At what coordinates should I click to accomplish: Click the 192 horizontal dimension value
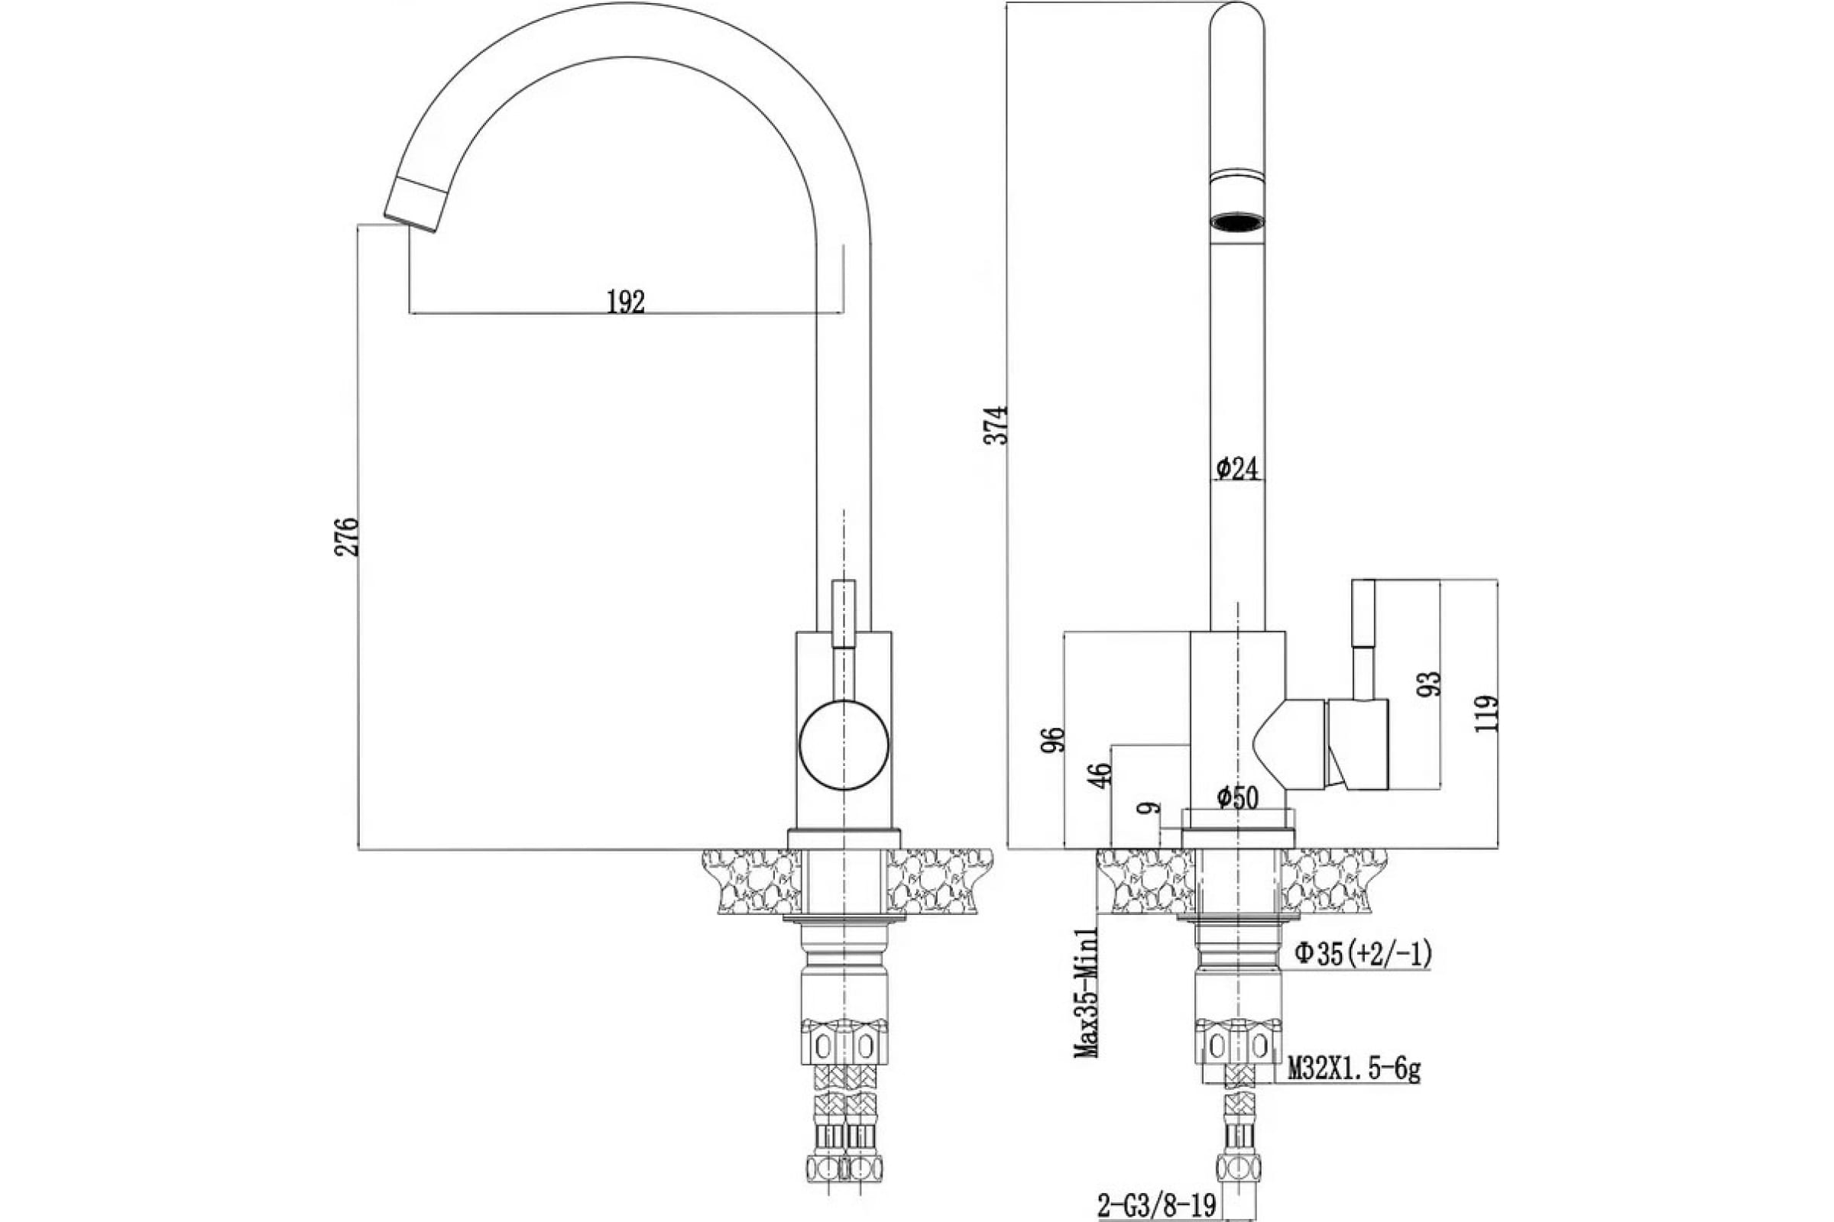click(626, 302)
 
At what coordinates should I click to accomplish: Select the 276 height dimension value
click(348, 536)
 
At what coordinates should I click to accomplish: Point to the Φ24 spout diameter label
click(1237, 467)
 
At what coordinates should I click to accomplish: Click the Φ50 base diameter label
click(1237, 798)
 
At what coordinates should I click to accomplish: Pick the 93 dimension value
click(1431, 684)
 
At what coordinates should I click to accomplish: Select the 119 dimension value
click(1486, 713)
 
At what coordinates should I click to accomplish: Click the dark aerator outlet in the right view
click(1237, 224)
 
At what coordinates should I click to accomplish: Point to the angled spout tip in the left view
click(413, 203)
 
